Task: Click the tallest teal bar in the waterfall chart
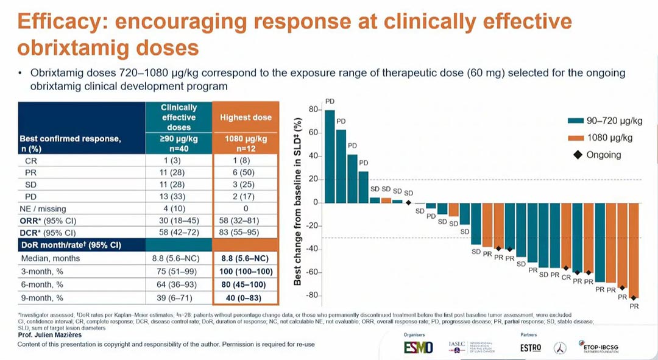330,156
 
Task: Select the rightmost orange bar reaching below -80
634,250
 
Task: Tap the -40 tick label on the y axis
313,249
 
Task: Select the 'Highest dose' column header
246,117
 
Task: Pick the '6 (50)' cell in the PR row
246,173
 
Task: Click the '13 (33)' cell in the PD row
179,196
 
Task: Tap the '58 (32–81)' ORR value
246,220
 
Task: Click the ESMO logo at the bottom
418,347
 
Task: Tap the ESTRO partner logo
531,347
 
